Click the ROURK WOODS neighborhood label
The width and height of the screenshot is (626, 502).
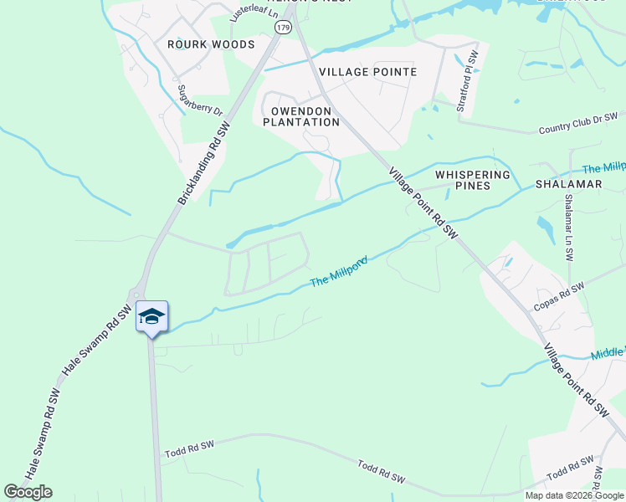(x=199, y=44)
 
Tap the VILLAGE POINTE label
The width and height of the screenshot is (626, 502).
(x=367, y=72)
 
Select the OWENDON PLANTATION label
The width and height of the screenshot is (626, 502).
(x=301, y=116)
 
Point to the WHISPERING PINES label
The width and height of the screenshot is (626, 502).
(x=473, y=180)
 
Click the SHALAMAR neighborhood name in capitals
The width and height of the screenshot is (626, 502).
(x=568, y=184)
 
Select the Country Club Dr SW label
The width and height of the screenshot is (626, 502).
(x=578, y=123)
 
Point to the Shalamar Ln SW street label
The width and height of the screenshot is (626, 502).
(x=569, y=228)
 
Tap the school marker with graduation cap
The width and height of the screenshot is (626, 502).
(x=151, y=316)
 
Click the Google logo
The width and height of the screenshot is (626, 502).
(x=28, y=492)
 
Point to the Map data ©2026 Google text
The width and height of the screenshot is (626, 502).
(x=574, y=495)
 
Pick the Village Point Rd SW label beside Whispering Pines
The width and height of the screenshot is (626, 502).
(x=424, y=202)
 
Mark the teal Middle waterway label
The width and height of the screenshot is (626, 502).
(x=608, y=353)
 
